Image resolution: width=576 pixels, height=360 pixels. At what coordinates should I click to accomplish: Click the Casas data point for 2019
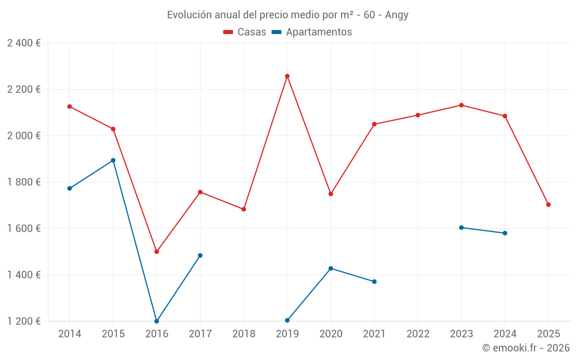tap(287, 76)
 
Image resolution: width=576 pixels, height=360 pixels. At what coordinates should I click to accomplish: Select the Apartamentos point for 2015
tap(113, 160)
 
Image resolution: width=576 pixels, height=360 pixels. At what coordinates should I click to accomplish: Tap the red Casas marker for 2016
tap(157, 252)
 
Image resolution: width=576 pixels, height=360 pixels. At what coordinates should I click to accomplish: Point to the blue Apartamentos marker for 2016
tap(157, 321)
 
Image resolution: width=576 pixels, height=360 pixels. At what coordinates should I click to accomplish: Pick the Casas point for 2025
tap(548, 204)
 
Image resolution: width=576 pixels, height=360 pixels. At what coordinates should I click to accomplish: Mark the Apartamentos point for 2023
tap(461, 228)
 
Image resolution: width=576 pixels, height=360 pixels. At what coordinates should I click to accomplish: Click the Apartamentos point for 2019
tap(287, 320)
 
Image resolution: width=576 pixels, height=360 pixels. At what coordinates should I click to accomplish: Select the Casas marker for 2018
tap(244, 209)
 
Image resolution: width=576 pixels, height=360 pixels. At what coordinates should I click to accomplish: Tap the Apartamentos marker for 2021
tap(374, 282)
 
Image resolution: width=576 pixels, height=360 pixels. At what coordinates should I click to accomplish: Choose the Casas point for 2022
tap(418, 115)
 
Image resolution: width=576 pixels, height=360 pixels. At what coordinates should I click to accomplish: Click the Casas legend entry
tap(245, 32)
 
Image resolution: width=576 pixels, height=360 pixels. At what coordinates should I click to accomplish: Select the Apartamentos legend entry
tap(312, 32)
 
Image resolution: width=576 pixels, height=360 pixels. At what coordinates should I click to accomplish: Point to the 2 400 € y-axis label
tap(24, 43)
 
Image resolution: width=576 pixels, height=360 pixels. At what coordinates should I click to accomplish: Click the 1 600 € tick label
tap(24, 229)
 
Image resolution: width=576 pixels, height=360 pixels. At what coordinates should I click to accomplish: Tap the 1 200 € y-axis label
tap(24, 321)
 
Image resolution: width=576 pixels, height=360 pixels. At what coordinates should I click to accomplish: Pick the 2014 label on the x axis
tap(70, 334)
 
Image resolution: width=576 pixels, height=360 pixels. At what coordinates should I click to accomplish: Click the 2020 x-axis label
tap(331, 334)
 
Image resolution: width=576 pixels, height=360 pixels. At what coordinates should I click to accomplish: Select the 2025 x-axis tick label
tap(548, 334)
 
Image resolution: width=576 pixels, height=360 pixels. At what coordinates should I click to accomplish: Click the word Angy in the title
tap(397, 15)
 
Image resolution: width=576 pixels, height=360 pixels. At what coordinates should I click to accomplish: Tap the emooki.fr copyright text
tap(526, 348)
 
